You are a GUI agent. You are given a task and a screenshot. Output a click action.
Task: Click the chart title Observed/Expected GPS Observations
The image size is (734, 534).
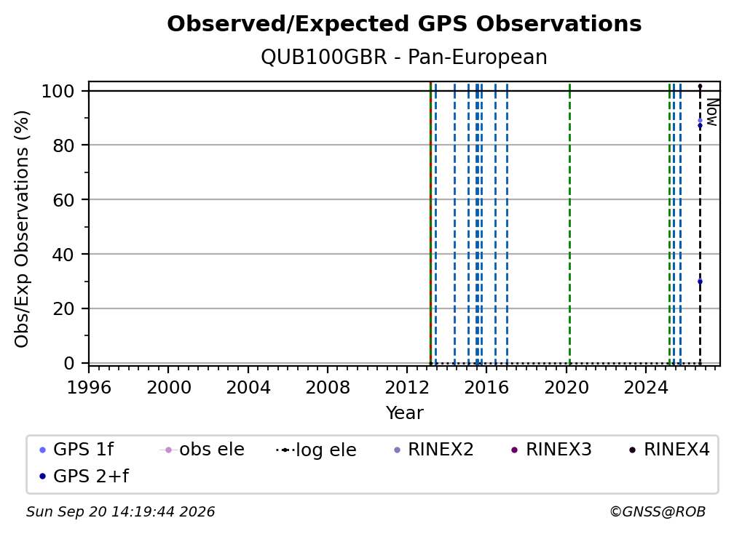click(404, 24)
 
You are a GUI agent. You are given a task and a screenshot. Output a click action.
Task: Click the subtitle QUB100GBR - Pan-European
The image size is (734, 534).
click(404, 57)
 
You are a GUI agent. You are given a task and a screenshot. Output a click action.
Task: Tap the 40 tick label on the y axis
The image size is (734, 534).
click(63, 255)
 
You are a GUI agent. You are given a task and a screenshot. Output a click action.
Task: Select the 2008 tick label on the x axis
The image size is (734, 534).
click(328, 387)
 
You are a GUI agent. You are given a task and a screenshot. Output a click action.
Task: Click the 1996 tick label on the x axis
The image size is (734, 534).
click(89, 387)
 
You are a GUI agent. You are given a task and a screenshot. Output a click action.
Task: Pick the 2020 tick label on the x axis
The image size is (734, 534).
click(567, 387)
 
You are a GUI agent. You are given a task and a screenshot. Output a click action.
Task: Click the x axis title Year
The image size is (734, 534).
click(404, 413)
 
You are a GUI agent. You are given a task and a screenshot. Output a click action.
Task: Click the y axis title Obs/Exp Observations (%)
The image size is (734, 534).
click(22, 228)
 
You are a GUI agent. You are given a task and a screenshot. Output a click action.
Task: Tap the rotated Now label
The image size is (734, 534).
click(711, 112)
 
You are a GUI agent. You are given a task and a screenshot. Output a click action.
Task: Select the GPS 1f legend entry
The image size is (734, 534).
click(76, 450)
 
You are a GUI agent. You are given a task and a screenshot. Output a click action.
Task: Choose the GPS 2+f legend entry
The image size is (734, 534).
click(84, 477)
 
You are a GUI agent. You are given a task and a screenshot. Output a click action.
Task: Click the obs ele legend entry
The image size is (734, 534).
click(202, 450)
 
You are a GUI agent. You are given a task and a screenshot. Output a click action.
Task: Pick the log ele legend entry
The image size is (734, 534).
click(317, 450)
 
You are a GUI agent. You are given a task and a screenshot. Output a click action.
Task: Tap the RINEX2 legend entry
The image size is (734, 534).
click(434, 450)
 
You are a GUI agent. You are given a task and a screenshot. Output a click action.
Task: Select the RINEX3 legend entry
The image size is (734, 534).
click(552, 450)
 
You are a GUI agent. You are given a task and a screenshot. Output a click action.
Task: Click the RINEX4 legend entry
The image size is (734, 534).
click(670, 450)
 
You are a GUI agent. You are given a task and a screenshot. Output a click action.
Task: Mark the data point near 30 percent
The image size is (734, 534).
click(700, 282)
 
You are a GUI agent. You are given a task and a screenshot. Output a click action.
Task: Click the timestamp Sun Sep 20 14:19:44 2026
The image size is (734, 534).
click(120, 512)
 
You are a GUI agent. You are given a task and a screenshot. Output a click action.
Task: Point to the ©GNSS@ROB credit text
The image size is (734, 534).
click(658, 512)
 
